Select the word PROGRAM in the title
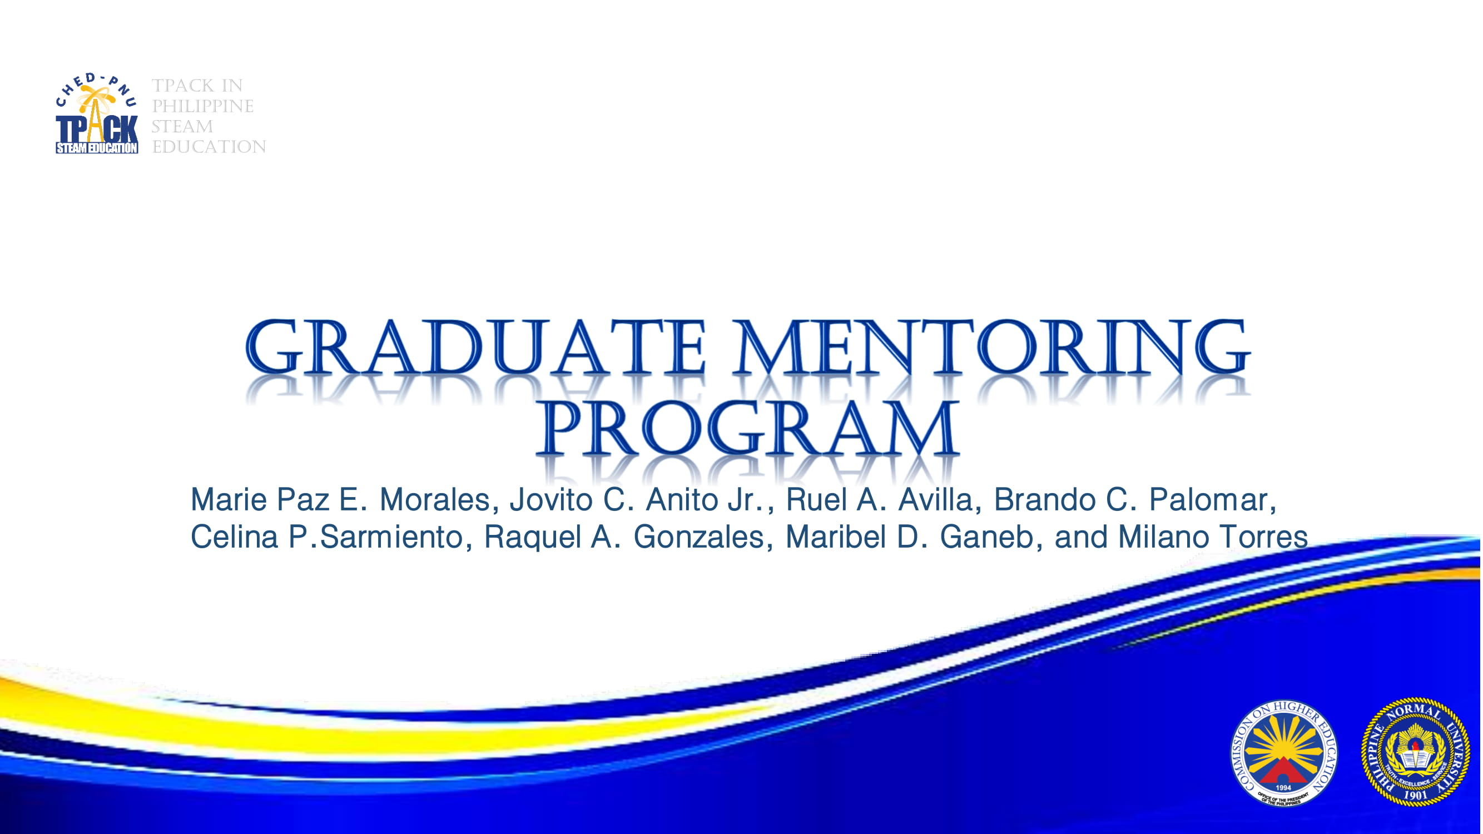click(747, 429)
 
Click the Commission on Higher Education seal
click(1283, 752)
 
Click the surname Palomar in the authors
click(1211, 500)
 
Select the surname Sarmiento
click(391, 537)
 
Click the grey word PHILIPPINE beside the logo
click(202, 107)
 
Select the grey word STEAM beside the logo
click(182, 127)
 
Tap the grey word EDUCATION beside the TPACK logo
click(209, 147)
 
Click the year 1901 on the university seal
click(1416, 796)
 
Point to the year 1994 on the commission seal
click(1283, 787)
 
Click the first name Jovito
click(551, 500)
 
